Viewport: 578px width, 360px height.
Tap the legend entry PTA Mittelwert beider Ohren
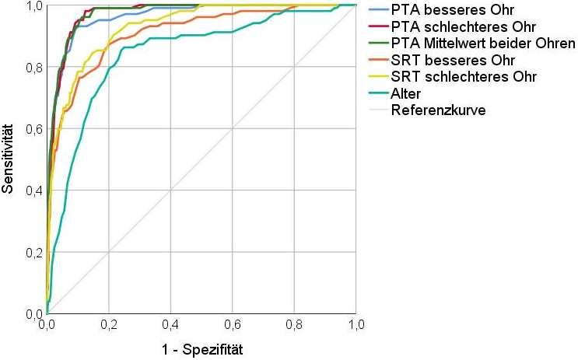coord(483,44)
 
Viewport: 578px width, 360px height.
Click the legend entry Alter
coord(407,93)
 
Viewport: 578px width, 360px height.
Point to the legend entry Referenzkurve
coord(438,110)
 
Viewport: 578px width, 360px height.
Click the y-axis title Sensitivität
coord(9,159)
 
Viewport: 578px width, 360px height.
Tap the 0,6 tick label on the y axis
coord(33,129)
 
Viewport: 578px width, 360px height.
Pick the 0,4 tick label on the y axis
coord(33,190)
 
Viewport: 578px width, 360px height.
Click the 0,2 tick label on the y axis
coord(33,253)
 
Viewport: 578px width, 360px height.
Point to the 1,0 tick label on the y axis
coord(33,6)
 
